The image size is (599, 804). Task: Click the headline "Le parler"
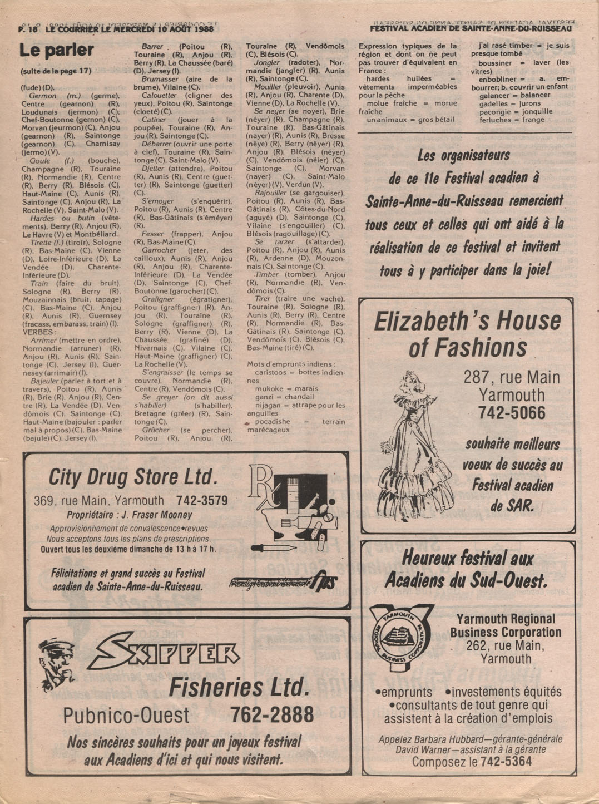click(57, 51)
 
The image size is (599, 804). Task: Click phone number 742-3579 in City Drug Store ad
click(202, 501)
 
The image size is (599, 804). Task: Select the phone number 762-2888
click(271, 715)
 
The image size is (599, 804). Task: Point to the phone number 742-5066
click(511, 413)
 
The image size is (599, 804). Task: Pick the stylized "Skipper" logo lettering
click(164, 653)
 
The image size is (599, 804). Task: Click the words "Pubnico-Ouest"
click(126, 716)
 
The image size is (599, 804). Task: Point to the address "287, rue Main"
click(512, 378)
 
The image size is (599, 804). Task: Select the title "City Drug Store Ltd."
click(133, 477)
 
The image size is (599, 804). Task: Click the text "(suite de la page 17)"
click(56, 71)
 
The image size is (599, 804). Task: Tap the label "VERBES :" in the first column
click(39, 332)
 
